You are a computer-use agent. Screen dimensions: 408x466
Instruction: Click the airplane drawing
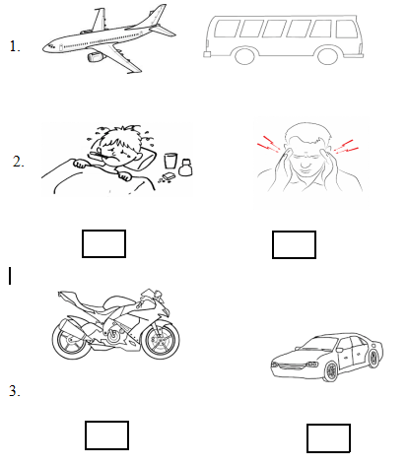click(x=109, y=39)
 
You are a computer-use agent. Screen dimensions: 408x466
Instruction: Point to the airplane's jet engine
click(x=96, y=57)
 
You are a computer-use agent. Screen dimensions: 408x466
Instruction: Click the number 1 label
click(x=15, y=46)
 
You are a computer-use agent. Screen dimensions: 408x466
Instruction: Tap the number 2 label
click(x=19, y=162)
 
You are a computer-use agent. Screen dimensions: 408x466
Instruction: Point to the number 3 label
click(x=15, y=391)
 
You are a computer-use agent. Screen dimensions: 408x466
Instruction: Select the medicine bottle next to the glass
click(x=186, y=167)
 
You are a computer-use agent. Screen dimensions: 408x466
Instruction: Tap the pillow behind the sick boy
click(x=146, y=157)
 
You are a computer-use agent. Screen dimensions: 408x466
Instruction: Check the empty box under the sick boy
click(x=103, y=243)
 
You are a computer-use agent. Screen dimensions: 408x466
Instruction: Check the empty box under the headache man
click(x=294, y=244)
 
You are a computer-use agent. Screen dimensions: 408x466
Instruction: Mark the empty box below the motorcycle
click(x=106, y=435)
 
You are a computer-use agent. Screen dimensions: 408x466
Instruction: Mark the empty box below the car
click(x=328, y=438)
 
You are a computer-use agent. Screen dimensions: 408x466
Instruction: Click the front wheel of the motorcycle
click(x=162, y=340)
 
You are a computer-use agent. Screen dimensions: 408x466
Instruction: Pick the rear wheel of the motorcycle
click(x=71, y=341)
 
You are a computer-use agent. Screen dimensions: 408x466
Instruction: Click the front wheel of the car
click(x=330, y=371)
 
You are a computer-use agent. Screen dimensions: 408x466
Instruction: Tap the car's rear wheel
click(x=373, y=358)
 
